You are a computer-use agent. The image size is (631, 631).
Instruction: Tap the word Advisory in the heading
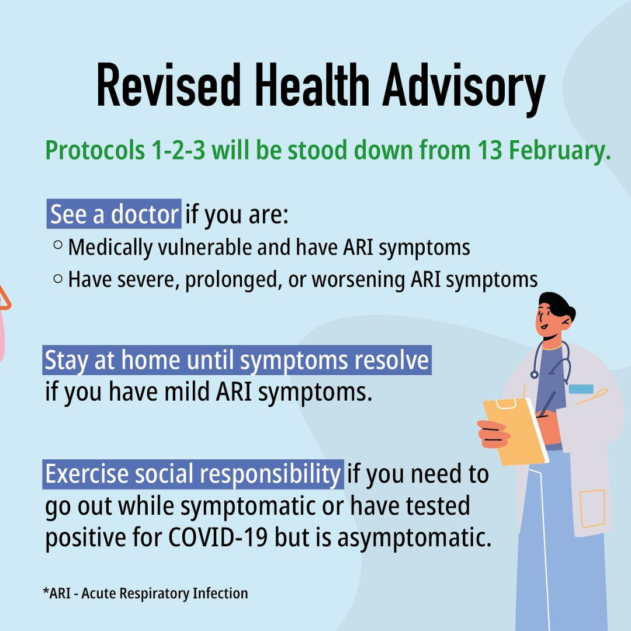tap(463, 89)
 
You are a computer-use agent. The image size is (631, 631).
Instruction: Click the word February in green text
tap(560, 151)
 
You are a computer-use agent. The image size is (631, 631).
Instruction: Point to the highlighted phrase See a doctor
tap(114, 214)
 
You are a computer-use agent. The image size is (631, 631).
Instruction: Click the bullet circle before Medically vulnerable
tap(58, 245)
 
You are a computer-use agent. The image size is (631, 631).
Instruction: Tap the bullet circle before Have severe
tap(58, 278)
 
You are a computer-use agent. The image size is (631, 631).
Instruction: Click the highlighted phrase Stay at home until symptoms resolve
tap(237, 360)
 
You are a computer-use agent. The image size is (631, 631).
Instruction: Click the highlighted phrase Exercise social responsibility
tap(193, 474)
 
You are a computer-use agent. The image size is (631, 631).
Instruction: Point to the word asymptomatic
tap(414, 539)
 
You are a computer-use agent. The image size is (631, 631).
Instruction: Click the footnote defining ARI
tap(145, 593)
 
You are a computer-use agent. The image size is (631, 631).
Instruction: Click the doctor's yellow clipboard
tap(515, 431)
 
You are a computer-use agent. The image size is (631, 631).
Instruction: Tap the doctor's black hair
tap(558, 306)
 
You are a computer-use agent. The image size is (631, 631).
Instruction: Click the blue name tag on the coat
tap(581, 389)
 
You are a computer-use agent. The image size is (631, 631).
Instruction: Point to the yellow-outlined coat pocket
tap(592, 508)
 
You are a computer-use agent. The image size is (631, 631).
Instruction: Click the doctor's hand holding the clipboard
tap(493, 434)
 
